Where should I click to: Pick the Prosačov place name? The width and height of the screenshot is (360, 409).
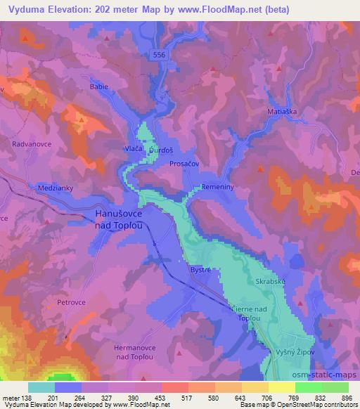[184, 163]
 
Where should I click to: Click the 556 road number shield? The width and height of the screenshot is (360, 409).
[160, 53]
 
